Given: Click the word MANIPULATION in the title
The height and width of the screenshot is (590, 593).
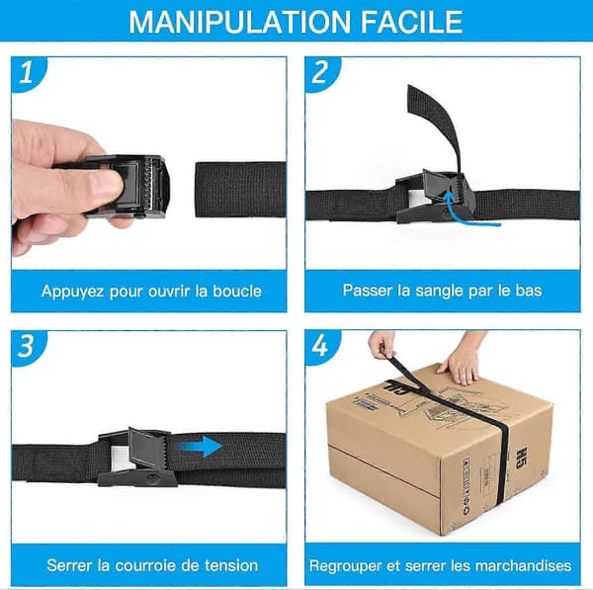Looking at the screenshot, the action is tap(240, 22).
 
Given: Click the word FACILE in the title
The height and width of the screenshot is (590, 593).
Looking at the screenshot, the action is tap(411, 22).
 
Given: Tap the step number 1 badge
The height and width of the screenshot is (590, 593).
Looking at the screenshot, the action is tap(28, 73).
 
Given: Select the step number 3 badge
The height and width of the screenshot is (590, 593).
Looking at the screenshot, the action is tap(27, 346).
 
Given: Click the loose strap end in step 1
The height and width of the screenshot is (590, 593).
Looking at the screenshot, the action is tap(240, 190).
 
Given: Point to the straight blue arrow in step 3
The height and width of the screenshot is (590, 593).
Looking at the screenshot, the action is tap(199, 447).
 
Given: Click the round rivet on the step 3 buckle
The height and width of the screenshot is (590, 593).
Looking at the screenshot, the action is tap(152, 477).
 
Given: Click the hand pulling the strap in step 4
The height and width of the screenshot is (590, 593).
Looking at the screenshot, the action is tap(382, 343).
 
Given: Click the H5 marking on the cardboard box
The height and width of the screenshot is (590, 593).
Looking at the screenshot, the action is tap(522, 458).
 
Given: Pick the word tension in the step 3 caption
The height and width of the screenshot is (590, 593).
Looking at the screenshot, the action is tap(231, 565).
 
